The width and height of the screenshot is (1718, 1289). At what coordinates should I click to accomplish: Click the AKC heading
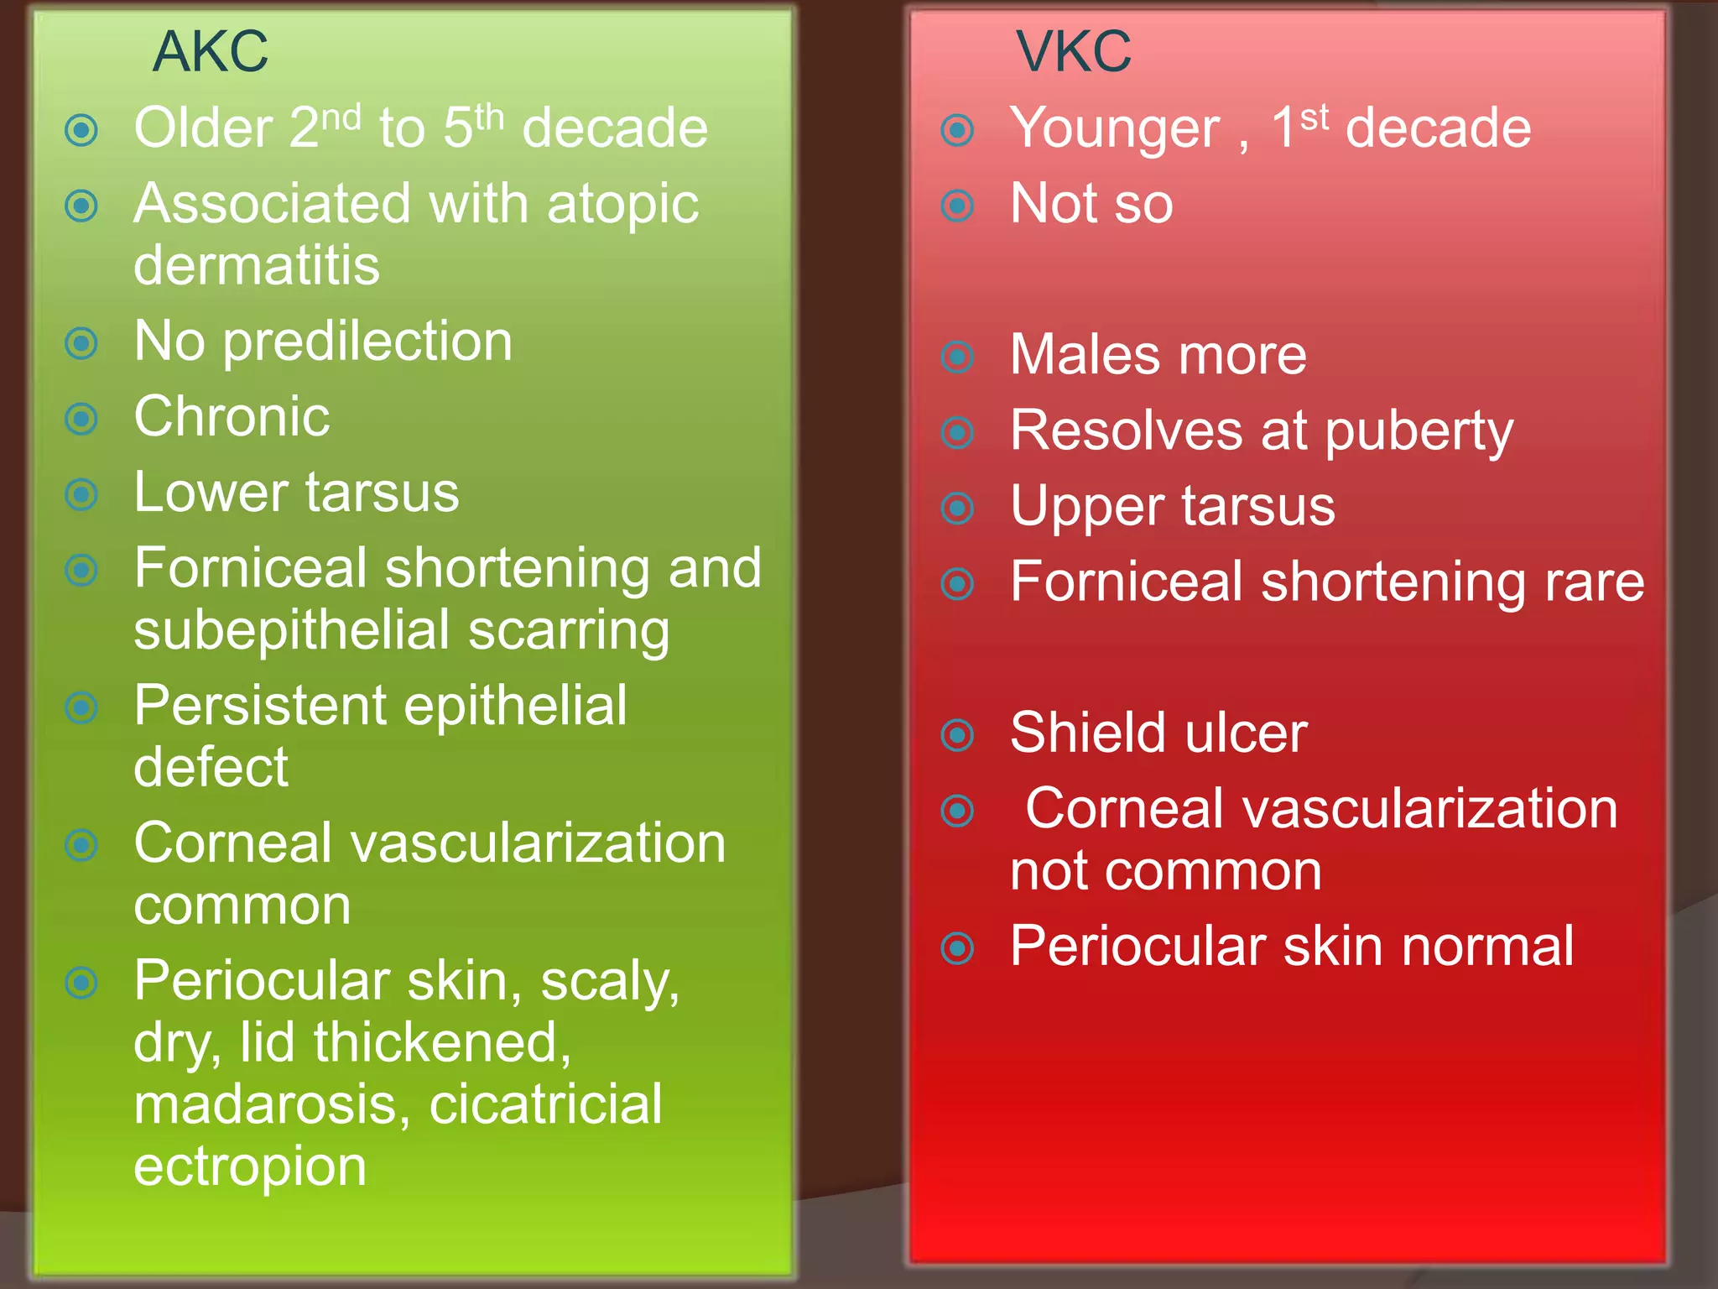(x=211, y=52)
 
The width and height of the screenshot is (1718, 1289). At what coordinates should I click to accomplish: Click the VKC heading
(x=1074, y=52)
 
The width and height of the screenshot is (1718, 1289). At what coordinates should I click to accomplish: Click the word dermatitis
(x=257, y=266)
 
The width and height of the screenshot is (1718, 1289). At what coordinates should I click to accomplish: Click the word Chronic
(x=232, y=417)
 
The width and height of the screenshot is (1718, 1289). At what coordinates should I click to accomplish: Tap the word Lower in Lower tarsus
(x=209, y=493)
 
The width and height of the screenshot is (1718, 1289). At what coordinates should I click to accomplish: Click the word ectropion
(x=250, y=1167)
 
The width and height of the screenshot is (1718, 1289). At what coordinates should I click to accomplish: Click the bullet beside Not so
(x=958, y=206)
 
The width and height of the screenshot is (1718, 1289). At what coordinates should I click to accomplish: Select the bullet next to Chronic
(x=81, y=419)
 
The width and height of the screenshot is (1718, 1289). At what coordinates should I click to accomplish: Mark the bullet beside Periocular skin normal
(x=958, y=948)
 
